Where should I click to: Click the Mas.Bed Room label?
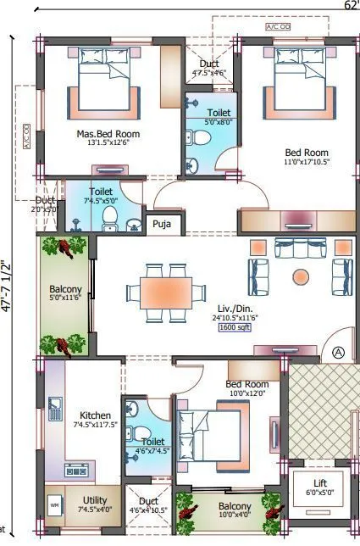[108, 134]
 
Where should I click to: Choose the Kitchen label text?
[95, 415]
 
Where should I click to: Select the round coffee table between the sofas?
[301, 276]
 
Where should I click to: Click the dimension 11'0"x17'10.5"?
[306, 162]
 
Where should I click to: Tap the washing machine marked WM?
[55, 506]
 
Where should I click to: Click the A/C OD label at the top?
[278, 27]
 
